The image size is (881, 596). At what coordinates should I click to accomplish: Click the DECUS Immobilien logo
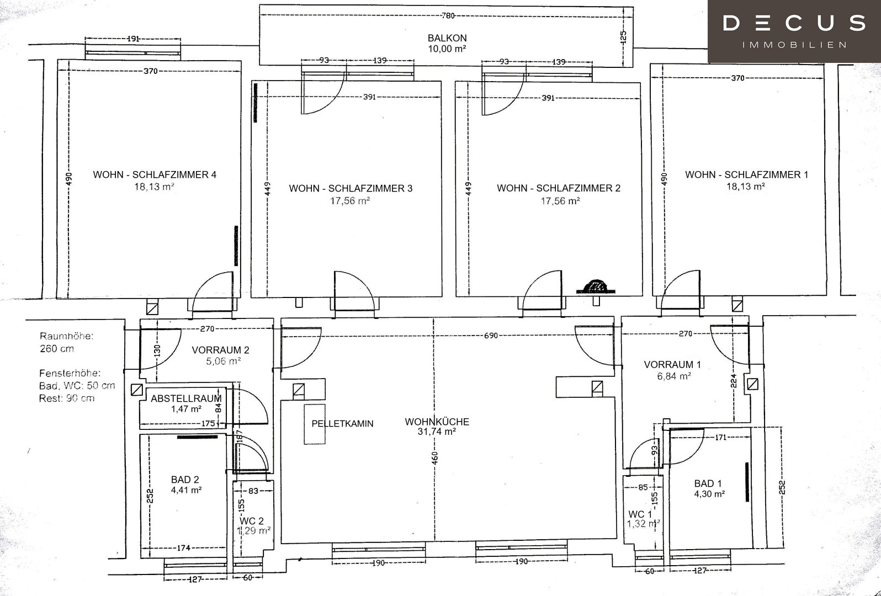[794, 31]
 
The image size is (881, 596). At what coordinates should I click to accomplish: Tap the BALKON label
[447, 38]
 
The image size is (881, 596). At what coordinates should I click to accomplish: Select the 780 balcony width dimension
[448, 15]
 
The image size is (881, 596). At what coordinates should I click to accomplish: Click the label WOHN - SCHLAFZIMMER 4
[155, 174]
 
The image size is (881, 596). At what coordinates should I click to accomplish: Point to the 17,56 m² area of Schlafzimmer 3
[349, 201]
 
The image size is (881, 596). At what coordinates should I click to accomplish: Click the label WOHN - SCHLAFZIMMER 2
[559, 188]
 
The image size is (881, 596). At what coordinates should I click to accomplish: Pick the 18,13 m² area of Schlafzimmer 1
[745, 187]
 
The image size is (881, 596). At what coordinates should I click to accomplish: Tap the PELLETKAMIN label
[342, 423]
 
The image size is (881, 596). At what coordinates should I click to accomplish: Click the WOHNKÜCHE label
[437, 422]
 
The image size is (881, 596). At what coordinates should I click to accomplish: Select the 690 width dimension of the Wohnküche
[491, 336]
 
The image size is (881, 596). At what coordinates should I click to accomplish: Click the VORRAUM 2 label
[220, 350]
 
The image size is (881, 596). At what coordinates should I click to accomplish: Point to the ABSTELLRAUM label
[186, 398]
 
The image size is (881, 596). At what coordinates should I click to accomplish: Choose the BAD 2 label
[185, 480]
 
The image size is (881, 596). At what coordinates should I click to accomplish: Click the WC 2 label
[251, 521]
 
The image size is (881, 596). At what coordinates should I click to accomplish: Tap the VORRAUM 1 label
[672, 364]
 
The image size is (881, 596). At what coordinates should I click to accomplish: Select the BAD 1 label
[708, 483]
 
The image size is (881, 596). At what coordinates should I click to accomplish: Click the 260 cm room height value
[57, 348]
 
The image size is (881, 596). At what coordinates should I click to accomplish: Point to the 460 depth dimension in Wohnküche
[434, 458]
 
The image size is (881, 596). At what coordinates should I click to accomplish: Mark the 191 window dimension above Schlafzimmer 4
[134, 39]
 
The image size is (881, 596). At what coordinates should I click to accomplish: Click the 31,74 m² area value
[437, 432]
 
